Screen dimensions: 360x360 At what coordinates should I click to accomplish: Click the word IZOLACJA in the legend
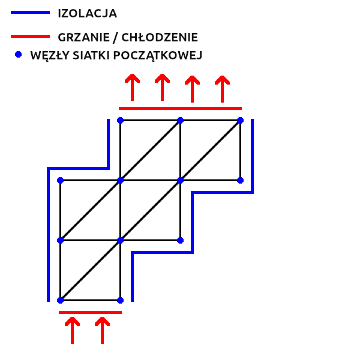(x=88, y=13)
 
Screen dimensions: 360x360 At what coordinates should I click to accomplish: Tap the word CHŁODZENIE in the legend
(x=160, y=37)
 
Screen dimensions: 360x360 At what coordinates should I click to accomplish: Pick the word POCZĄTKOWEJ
(x=161, y=55)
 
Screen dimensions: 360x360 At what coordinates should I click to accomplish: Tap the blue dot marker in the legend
(x=18, y=55)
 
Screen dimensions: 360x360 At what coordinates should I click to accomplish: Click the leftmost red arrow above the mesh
(x=132, y=87)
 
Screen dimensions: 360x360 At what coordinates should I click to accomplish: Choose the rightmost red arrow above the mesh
(x=222, y=87)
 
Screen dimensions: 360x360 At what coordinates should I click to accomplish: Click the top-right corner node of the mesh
(x=240, y=120)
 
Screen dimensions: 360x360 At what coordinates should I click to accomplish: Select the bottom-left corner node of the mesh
(x=60, y=300)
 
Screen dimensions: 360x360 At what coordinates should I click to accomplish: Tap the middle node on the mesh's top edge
(x=180, y=120)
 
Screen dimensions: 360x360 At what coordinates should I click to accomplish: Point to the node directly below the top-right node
(x=240, y=180)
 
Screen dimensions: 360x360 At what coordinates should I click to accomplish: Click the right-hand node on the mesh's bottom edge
(x=120, y=300)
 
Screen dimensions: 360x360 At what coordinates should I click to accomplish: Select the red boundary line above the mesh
(x=180, y=108)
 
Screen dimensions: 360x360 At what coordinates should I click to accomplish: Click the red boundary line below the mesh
(x=90, y=312)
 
